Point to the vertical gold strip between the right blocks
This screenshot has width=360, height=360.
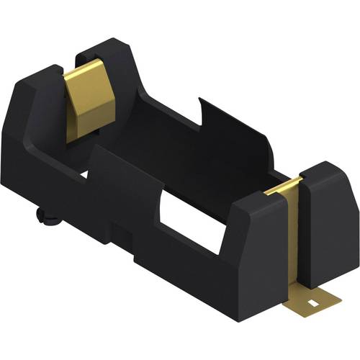(293, 238)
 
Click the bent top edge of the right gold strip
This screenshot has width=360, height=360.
(283, 188)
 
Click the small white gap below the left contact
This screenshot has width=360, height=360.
(85, 173)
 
